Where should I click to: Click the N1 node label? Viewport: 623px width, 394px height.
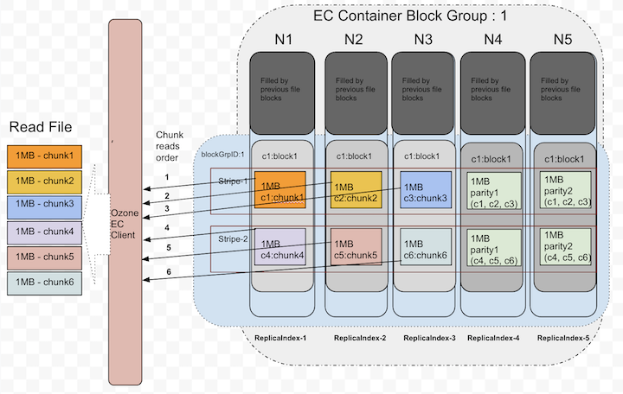click(x=283, y=39)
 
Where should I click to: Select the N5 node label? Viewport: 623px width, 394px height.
click(x=562, y=39)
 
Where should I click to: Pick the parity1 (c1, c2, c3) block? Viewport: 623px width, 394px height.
click(x=494, y=191)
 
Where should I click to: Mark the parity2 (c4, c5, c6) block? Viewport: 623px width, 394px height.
click(x=565, y=245)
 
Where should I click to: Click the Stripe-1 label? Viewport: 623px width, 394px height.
click(x=233, y=181)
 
